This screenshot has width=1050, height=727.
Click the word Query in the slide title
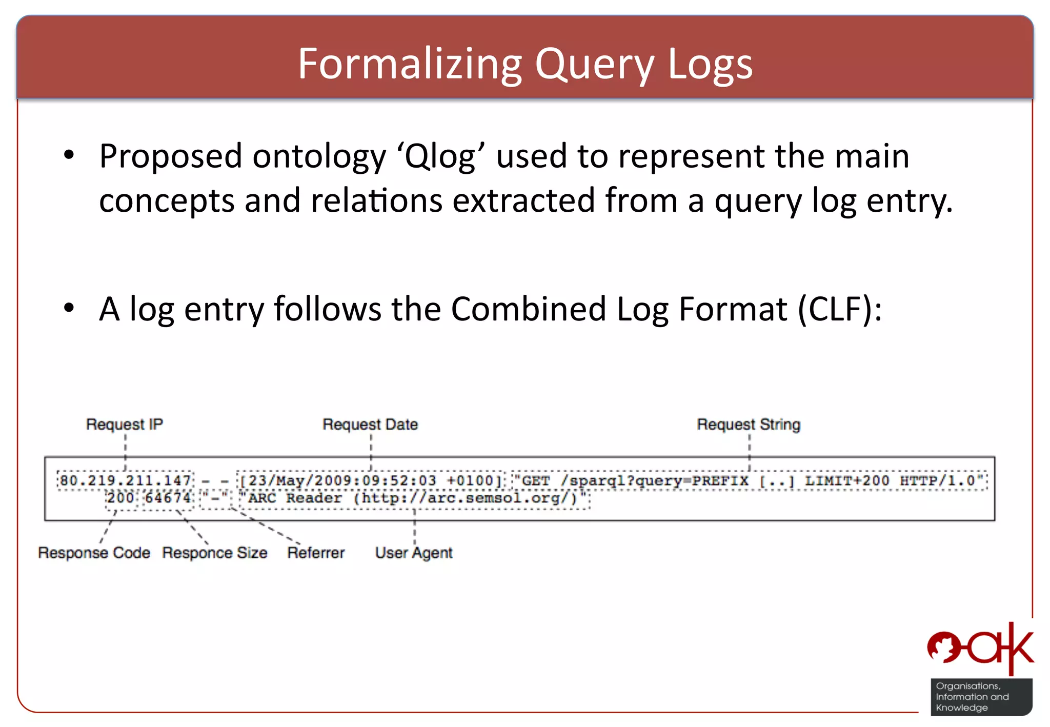pos(594,65)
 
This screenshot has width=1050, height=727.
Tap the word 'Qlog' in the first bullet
pos(440,156)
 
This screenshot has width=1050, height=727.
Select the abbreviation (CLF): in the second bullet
pos(839,309)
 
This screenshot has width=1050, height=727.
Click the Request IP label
pos(124,425)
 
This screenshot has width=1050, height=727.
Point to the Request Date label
pos(370,425)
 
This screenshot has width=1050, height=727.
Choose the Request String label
pos(748,425)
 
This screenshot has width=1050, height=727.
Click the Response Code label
pos(94,553)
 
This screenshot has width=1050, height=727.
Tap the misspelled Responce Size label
pos(214,553)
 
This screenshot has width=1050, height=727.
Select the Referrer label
pos(316,553)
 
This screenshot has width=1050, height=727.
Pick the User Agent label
pos(414,553)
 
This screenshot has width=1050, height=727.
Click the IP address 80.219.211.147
pos(125,481)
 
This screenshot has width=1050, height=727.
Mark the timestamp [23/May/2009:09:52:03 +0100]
pos(370,481)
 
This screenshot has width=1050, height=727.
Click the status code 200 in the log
pos(120,498)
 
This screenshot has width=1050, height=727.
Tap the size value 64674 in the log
pos(168,498)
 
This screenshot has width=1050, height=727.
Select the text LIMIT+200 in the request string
pos(846,481)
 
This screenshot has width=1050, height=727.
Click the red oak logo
pos(980,648)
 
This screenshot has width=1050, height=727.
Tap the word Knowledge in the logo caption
pos(961,708)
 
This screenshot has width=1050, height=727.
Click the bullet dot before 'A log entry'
pos(69,308)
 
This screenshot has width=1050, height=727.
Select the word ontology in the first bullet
pos(319,156)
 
